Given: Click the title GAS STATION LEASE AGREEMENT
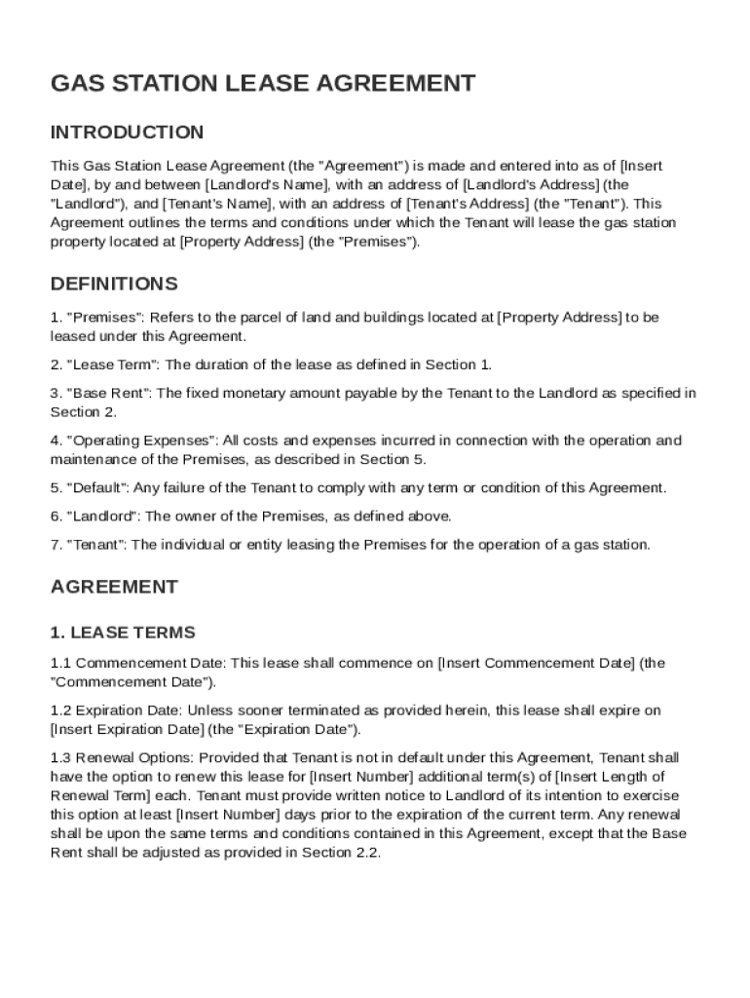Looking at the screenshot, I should [263, 84].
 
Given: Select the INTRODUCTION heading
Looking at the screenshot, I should [127, 133].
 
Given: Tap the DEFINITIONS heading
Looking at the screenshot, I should [114, 285].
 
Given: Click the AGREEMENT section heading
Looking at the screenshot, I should [114, 587].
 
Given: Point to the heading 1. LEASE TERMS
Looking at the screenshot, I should [123, 633].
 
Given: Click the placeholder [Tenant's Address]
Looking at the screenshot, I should [466, 204].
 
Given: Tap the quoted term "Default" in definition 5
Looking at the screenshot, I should [96, 487].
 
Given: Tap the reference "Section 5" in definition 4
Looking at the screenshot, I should [393, 459].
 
